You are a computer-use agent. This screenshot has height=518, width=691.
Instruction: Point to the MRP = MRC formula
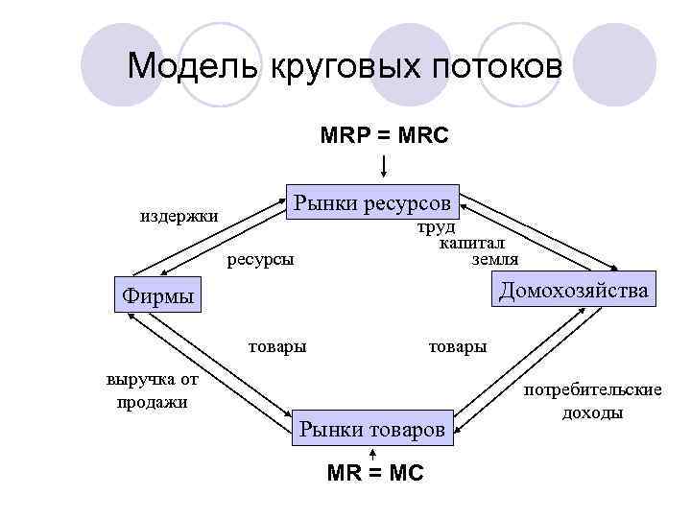click(384, 136)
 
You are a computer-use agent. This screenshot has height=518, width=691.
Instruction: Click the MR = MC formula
click(374, 473)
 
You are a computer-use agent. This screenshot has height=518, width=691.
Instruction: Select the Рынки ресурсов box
click(371, 202)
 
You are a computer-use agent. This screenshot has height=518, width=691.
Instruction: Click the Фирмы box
click(158, 294)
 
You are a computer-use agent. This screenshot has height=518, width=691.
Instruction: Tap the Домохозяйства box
click(572, 289)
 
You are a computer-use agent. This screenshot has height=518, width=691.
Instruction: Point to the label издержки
click(179, 216)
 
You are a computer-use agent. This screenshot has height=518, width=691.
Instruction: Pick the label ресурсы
click(260, 259)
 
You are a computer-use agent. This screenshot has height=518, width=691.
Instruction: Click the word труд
click(436, 228)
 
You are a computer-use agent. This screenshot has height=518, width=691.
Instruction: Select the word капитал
click(472, 244)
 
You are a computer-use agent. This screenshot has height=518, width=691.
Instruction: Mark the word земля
click(495, 259)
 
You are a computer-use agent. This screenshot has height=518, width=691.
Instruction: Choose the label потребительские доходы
click(592, 401)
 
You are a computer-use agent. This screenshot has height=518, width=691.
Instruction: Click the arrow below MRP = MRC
click(384, 165)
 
